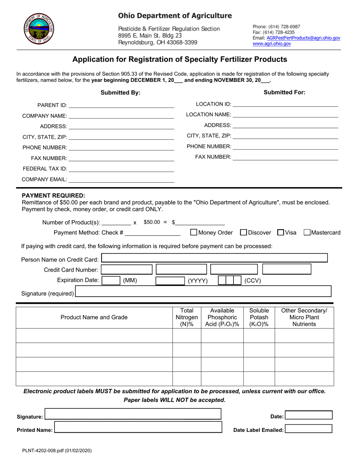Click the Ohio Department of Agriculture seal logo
point(39,29)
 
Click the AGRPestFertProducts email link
point(303,38)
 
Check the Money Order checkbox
point(194,232)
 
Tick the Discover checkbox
point(244,232)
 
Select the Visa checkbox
point(281,232)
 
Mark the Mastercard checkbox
point(307,232)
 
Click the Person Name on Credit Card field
point(214,258)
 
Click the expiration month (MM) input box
point(111,281)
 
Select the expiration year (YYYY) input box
point(170,281)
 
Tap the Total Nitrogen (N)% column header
point(187,317)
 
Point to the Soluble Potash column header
point(259,317)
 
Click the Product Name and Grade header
point(94,317)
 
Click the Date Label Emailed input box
point(308,429)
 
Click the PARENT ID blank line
point(121,106)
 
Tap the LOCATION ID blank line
point(285,105)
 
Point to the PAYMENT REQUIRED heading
point(53,195)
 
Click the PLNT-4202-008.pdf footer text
point(56,451)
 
